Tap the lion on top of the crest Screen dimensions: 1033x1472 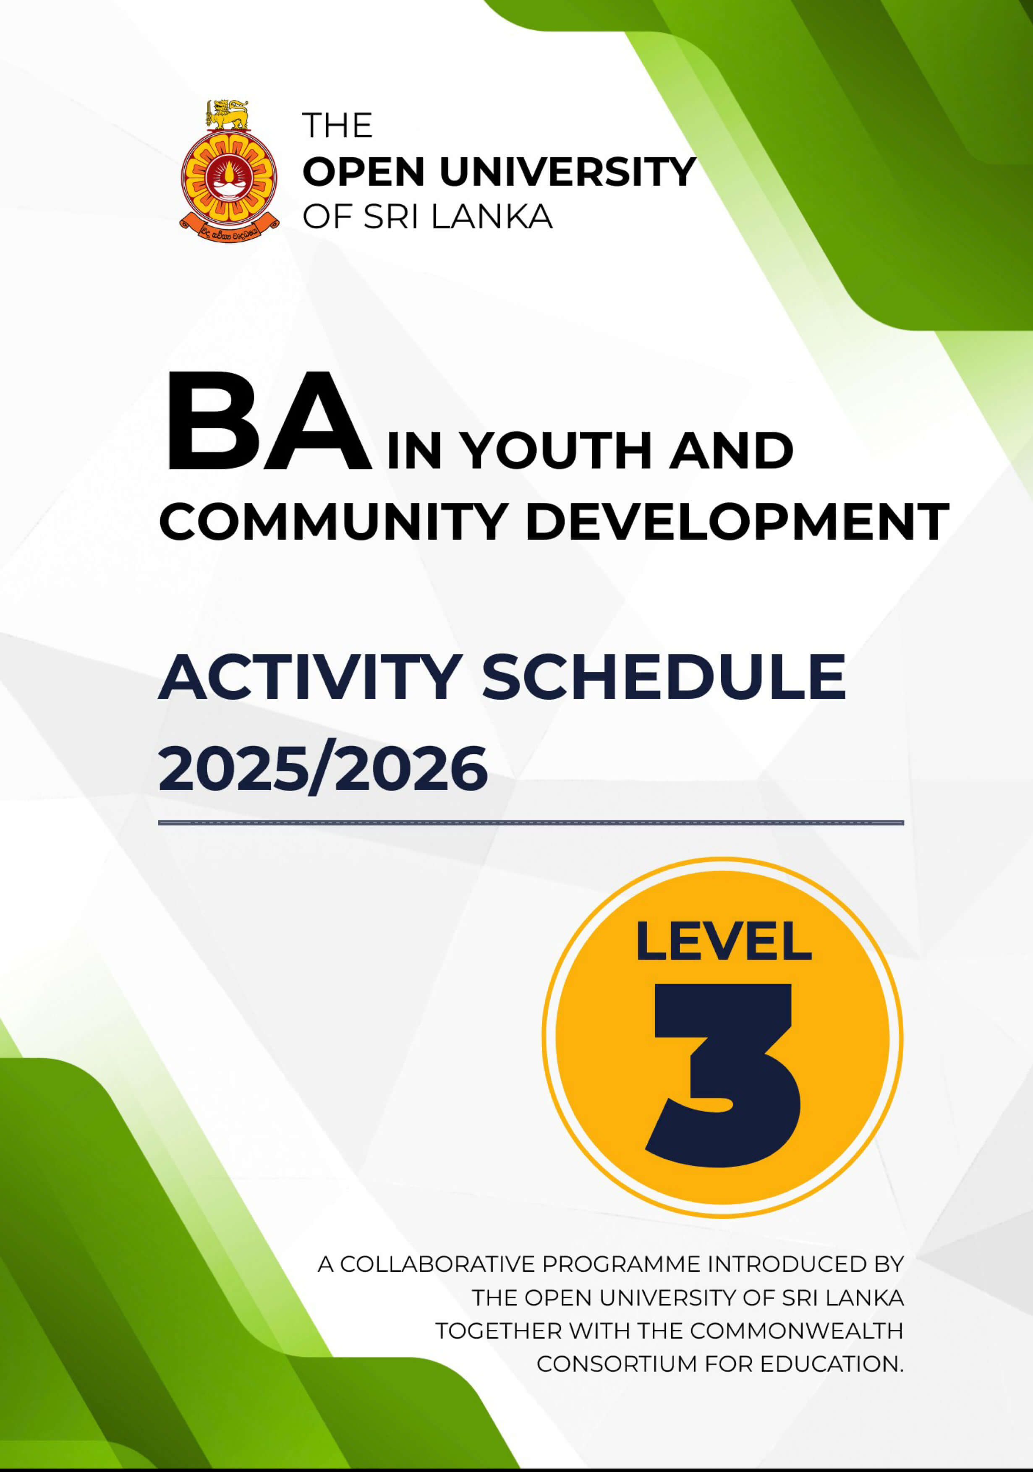click(227, 113)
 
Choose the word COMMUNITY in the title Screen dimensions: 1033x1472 click(333, 521)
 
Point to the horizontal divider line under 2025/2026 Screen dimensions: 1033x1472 click(531, 822)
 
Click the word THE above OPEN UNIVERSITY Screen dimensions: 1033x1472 click(337, 125)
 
